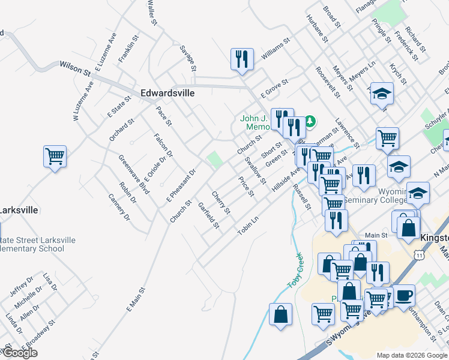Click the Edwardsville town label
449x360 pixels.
(x=167, y=94)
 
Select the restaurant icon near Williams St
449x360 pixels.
(x=241, y=59)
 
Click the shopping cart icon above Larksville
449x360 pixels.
(x=55, y=157)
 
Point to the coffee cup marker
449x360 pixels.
(x=404, y=295)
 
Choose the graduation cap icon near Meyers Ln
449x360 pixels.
(x=382, y=94)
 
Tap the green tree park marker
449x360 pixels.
(x=310, y=121)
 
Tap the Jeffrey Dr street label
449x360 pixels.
(x=22, y=287)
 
